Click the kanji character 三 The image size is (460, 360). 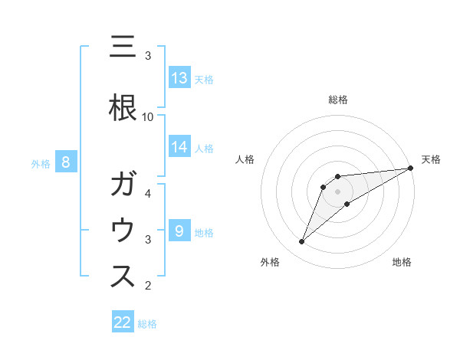pyautogui.click(x=123, y=47)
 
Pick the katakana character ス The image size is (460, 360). pyautogui.click(x=123, y=277)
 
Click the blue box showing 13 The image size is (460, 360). pyautogui.click(x=179, y=78)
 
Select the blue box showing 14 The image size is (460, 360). pyautogui.click(x=179, y=147)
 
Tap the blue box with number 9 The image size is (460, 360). pyautogui.click(x=179, y=231)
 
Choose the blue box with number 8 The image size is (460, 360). pyautogui.click(x=66, y=162)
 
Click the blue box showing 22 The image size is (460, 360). pyautogui.click(x=123, y=322)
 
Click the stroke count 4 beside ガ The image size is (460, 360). pyautogui.click(x=148, y=193)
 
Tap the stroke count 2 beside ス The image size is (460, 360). pyautogui.click(x=148, y=286)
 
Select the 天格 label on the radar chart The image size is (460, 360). pyautogui.click(x=431, y=159)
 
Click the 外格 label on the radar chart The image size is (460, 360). pyautogui.click(x=270, y=262)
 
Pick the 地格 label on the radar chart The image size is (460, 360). pyautogui.click(x=402, y=262)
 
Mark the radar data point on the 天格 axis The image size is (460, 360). pyautogui.click(x=411, y=168)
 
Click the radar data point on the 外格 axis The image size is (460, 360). pyautogui.click(x=301, y=242)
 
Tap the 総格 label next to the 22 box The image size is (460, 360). pyautogui.click(x=147, y=323)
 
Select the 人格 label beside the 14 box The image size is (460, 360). pyautogui.click(x=204, y=148)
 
